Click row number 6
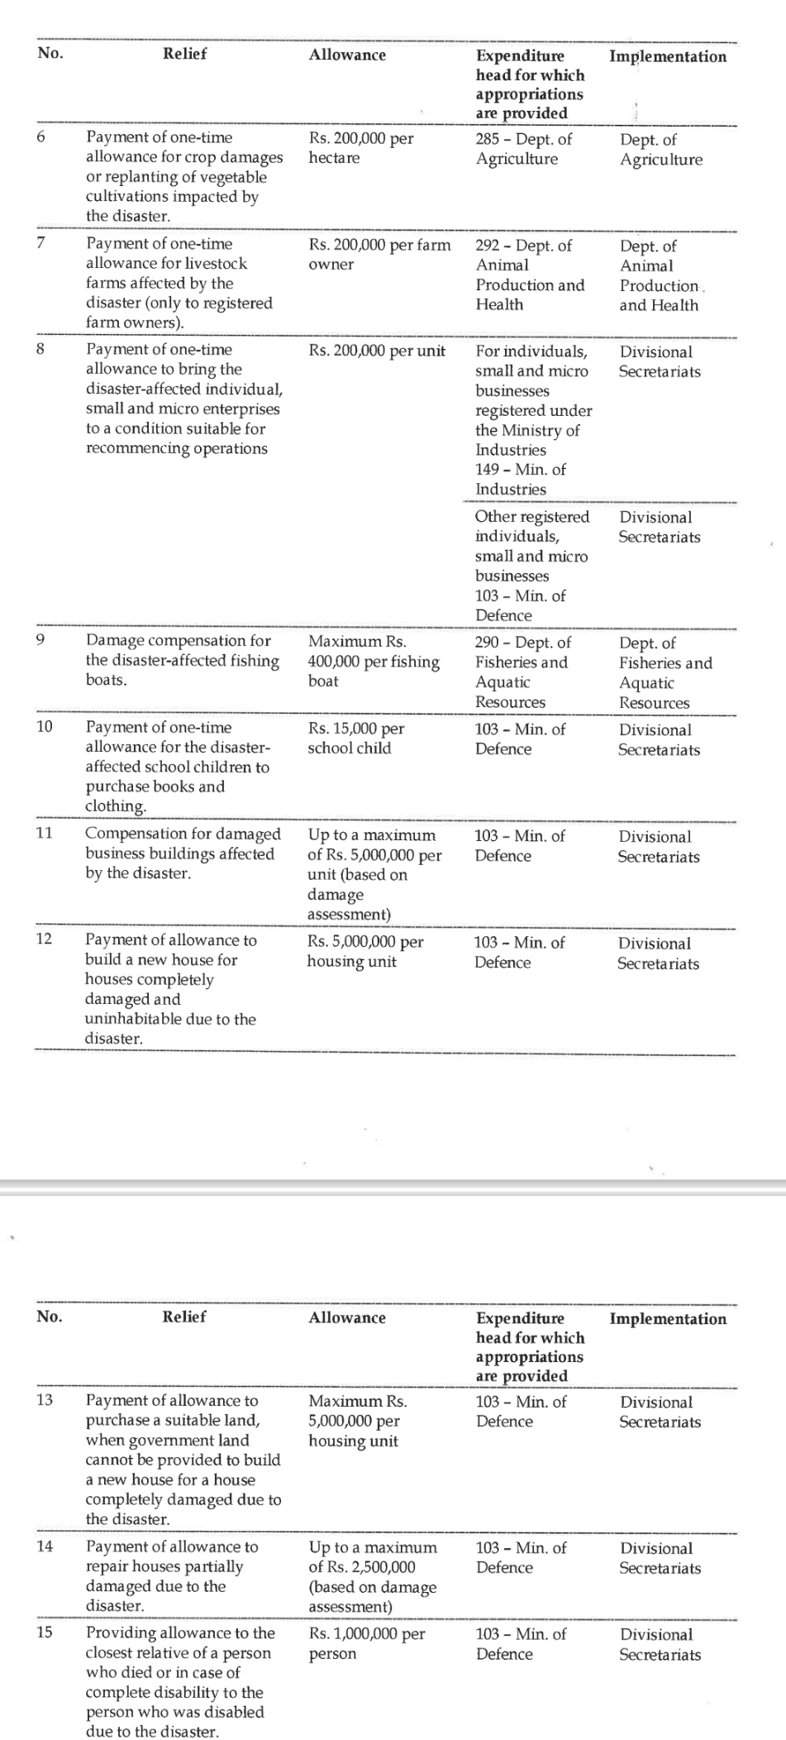coord(40,137)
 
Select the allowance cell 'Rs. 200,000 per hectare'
coord(361,148)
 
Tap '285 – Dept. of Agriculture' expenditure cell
coord(523,149)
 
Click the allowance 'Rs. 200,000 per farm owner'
coord(379,255)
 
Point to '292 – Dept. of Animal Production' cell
coord(529,275)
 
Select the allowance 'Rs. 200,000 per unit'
coord(377,351)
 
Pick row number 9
coord(40,640)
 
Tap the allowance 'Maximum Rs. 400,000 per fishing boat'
coord(373,661)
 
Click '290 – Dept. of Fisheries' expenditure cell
coord(522,672)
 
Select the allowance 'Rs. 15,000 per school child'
coord(355,738)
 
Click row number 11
coord(45,833)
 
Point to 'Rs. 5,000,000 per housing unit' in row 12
coord(364,951)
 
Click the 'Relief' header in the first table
coord(184,54)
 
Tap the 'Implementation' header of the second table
coord(668,1318)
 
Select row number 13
coord(45,1400)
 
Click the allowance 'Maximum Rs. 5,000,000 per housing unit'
coord(357,1421)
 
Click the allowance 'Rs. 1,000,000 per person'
coord(366,1643)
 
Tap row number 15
coord(45,1633)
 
